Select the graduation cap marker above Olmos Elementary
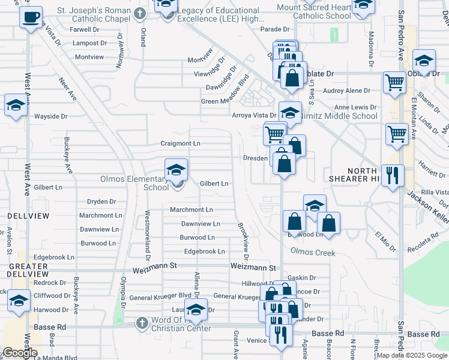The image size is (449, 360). point(176,170)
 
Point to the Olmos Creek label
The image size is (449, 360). point(312,253)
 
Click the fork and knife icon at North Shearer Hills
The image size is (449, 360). point(393,175)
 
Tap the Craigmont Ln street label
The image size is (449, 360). point(180,144)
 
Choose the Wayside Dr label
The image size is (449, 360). point(51,116)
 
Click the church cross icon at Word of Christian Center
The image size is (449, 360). point(141,323)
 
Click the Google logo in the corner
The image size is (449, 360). point(19,353)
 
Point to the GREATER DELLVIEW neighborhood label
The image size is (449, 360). point(28,270)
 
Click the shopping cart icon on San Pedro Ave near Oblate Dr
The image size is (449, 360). point(394,82)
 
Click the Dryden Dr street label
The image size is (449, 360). point(101,202)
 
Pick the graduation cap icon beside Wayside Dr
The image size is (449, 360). point(15,105)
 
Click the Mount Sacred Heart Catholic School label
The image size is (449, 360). point(314,11)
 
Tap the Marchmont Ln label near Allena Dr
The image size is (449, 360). point(191,210)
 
